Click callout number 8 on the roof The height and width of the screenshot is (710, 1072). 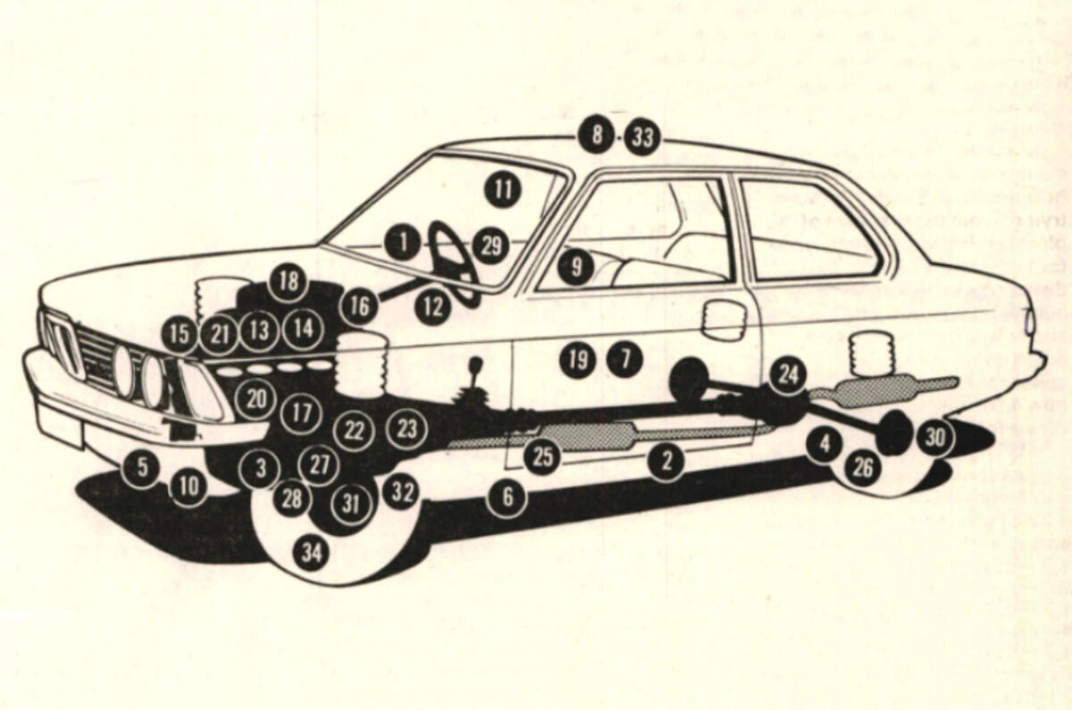(597, 136)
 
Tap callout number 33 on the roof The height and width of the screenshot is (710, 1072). (642, 138)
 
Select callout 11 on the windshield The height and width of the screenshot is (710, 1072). (503, 188)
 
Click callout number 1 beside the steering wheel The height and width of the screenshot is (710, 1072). (404, 241)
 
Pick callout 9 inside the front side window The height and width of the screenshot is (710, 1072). (577, 265)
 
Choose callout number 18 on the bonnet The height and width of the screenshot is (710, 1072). (288, 282)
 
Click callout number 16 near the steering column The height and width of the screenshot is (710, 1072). (358, 306)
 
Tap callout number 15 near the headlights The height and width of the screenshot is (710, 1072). (180, 334)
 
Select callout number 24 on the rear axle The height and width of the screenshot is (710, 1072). (787, 374)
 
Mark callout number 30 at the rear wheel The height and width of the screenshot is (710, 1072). (934, 437)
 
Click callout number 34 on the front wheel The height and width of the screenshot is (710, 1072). (310, 554)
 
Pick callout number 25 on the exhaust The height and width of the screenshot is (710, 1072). (542, 457)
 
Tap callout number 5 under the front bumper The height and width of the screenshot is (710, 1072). (141, 466)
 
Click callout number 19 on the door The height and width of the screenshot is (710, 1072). (578, 359)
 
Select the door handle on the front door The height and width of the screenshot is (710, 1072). (724, 320)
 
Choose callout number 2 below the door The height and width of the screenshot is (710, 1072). (666, 461)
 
